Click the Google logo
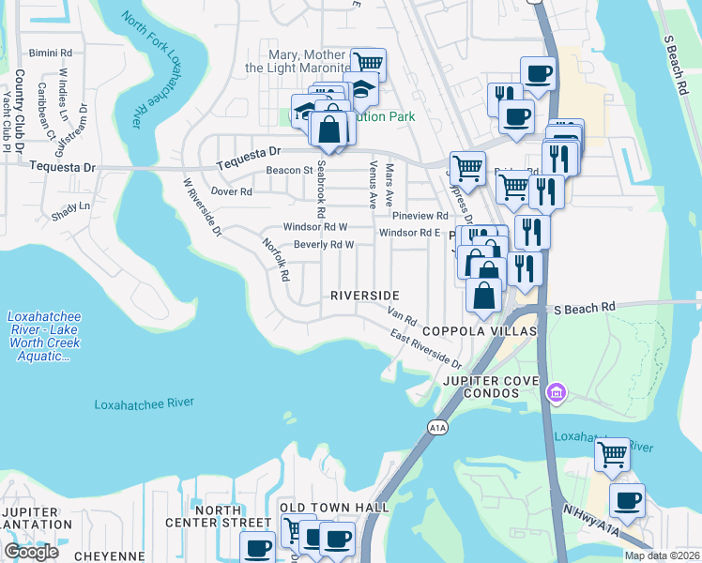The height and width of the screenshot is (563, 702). (x=31, y=552)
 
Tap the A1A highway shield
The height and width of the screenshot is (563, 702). (x=437, y=428)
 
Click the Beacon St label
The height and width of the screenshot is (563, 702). (x=288, y=171)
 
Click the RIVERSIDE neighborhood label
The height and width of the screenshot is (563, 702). (x=372, y=296)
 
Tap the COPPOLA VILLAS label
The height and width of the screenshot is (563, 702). (x=479, y=332)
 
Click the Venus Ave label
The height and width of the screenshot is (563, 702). (x=373, y=184)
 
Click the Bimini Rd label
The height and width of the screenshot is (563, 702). (x=50, y=53)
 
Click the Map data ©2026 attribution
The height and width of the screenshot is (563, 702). (x=662, y=555)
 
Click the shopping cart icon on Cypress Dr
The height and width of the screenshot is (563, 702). (x=466, y=169)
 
